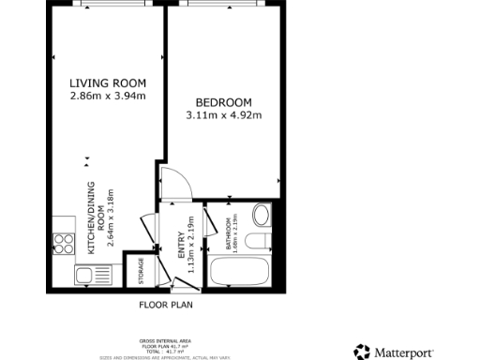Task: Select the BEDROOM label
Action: coord(224,102)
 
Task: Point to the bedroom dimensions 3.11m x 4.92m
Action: coord(224,115)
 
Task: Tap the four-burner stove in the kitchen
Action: coord(65,244)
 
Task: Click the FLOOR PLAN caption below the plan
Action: coord(166,305)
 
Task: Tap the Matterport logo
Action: coord(406,352)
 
